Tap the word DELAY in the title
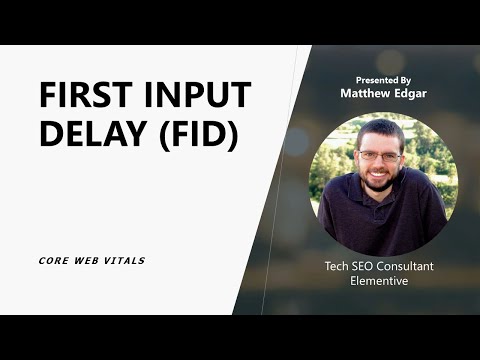coord(89,134)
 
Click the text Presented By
coord(383,79)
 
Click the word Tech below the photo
coord(337,267)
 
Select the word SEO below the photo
coord(366,267)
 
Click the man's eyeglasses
coord(381,156)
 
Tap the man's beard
coord(381,183)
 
